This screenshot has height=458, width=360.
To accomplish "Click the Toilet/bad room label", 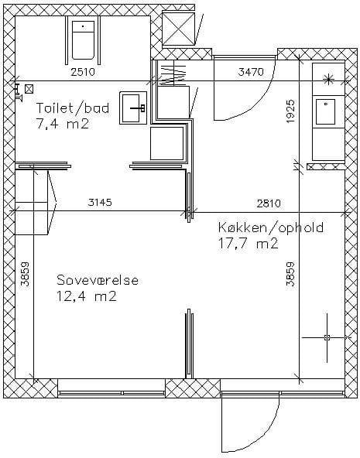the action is (x=73, y=108).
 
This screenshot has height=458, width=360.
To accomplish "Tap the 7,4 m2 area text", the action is (x=62, y=124).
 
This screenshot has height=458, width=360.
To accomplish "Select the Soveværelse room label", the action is (x=98, y=280).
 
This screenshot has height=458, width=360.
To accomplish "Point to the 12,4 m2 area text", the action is (x=87, y=296).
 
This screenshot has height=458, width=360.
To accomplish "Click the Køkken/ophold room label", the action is (x=271, y=227).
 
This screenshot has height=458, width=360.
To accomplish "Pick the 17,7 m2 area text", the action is (x=248, y=244).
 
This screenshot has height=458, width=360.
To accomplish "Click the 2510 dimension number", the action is (x=83, y=72).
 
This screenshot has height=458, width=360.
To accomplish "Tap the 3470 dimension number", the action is (x=251, y=72).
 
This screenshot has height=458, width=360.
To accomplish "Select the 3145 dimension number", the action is (x=100, y=202).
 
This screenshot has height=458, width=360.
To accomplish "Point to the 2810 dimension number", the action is (x=269, y=203).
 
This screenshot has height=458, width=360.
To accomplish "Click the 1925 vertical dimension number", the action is (x=290, y=111).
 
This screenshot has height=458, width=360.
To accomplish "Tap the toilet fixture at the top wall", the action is (x=84, y=40).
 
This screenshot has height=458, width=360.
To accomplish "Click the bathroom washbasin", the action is (x=133, y=108).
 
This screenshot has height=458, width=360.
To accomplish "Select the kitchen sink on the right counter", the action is (x=325, y=111).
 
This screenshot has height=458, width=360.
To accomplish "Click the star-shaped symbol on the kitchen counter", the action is (x=329, y=79).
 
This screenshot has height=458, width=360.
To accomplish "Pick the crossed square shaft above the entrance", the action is (x=178, y=29).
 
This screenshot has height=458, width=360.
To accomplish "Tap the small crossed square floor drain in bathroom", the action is (x=29, y=89).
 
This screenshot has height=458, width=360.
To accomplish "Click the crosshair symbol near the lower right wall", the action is (x=327, y=338).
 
